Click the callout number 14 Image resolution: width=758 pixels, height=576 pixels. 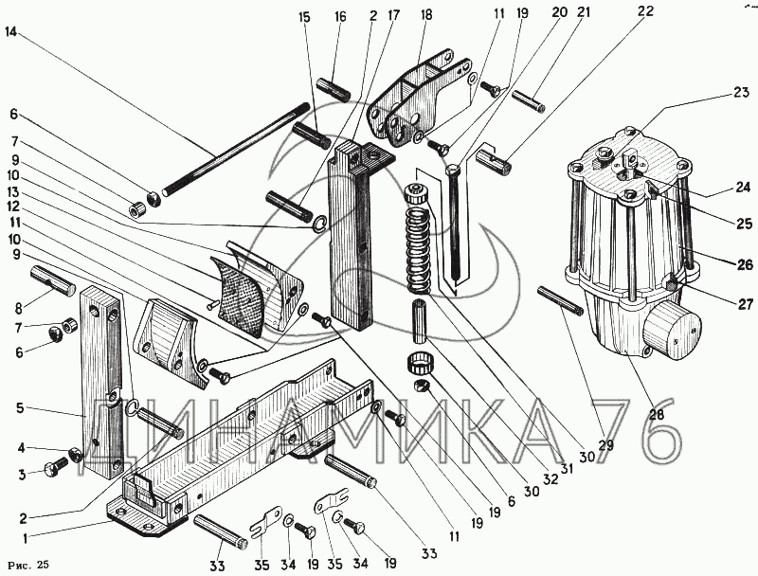11,31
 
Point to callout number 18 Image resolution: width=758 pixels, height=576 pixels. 425,15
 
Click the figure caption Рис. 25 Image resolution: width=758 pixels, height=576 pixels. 28,566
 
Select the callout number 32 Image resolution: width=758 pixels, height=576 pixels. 550,480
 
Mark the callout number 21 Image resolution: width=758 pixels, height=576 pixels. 583,11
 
